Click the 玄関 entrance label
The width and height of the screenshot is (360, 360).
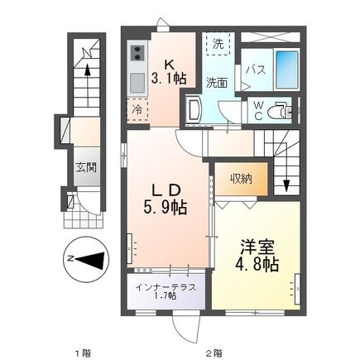tap(86, 168)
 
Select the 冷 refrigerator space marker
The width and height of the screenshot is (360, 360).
tap(135, 108)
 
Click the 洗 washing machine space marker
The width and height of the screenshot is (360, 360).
tap(218, 44)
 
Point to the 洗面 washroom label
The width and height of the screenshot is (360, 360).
tap(218, 82)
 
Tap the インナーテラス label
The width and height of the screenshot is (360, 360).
tap(166, 287)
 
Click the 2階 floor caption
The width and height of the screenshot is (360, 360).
tap(214, 352)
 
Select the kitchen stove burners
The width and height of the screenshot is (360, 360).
tap(137, 56)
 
